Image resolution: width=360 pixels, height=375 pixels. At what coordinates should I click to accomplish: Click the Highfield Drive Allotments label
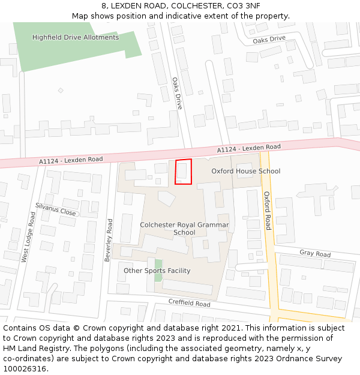point(76,37)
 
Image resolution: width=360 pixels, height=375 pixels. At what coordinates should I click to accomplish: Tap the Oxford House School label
point(246,171)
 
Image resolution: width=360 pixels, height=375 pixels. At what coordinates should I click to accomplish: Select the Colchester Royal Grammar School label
point(184,229)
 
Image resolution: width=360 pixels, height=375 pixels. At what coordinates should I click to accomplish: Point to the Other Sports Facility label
point(157,271)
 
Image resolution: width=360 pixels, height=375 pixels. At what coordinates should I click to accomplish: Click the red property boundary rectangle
point(184,172)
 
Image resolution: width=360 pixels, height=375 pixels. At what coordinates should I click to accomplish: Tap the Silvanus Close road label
point(55,209)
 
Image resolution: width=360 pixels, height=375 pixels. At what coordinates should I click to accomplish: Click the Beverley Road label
point(109,239)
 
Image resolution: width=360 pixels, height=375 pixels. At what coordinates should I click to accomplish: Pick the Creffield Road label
point(189,304)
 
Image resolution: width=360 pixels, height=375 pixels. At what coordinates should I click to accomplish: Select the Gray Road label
point(315,254)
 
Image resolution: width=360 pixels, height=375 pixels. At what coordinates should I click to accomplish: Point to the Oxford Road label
point(268,210)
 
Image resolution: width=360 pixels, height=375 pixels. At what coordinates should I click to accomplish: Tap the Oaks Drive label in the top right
point(269,39)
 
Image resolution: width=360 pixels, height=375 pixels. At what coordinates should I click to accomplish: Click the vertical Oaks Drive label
point(177,93)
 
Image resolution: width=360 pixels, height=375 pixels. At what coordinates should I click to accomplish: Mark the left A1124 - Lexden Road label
point(71,160)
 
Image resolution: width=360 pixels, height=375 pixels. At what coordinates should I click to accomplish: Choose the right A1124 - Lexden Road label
point(248,148)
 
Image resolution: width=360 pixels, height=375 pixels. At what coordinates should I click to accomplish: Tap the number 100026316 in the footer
point(25,368)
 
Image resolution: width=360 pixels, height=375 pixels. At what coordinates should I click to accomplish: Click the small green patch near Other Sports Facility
point(158,266)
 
